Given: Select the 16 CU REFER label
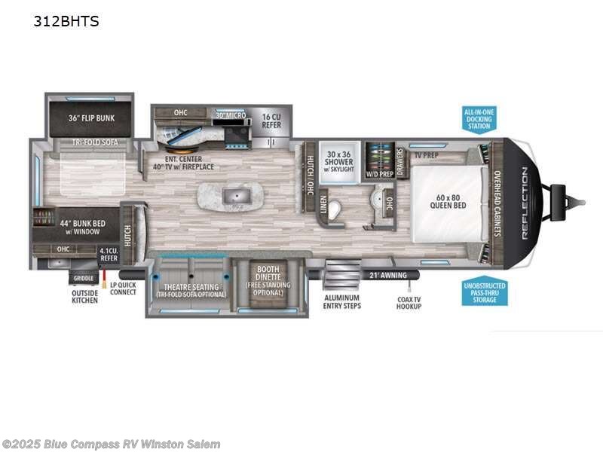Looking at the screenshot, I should (x=271, y=121).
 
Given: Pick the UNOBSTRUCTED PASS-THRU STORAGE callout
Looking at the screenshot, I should (x=485, y=293).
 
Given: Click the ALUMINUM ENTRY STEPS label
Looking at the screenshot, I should (x=341, y=301).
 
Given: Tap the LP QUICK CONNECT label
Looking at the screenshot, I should (x=123, y=289).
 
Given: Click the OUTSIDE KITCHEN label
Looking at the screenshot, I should (x=85, y=298).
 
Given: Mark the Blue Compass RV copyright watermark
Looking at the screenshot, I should (x=112, y=444).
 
